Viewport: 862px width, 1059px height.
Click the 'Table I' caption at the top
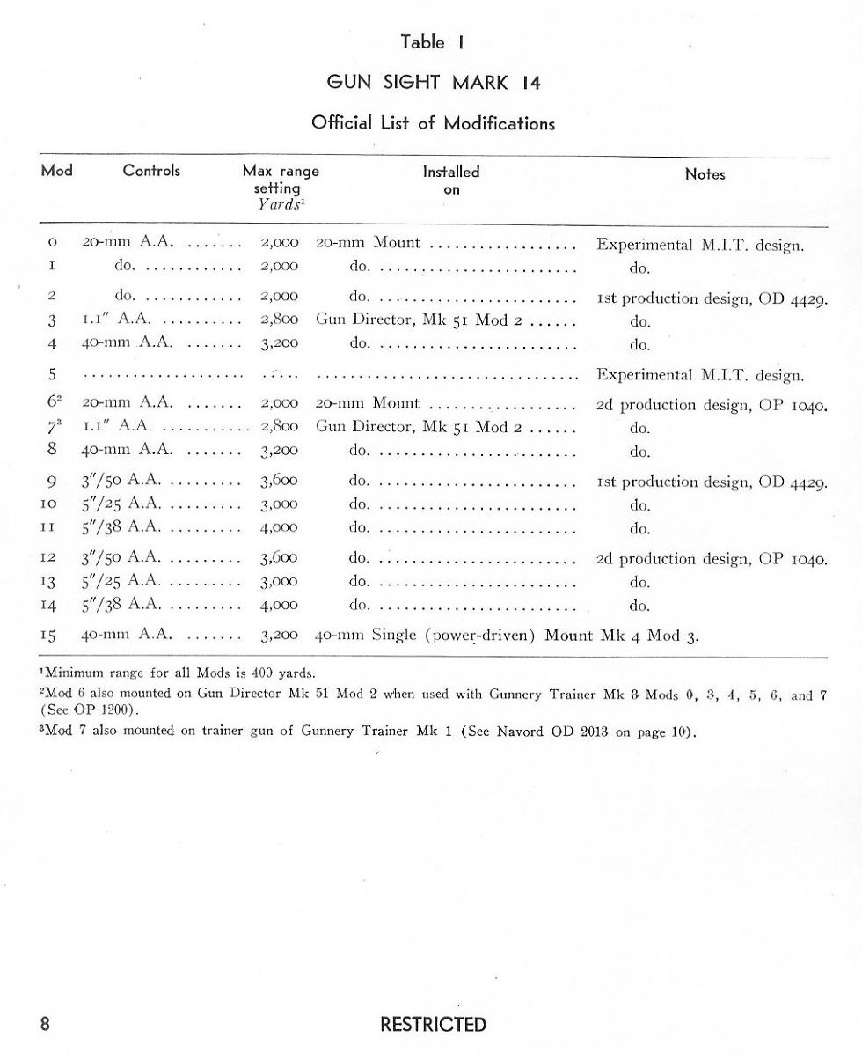pos(432,42)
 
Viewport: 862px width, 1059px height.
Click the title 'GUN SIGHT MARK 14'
pos(433,84)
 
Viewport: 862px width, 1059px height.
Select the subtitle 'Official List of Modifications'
pos(433,123)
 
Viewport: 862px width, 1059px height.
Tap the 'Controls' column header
pos(151,172)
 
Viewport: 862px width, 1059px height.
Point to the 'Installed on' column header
pos(451,180)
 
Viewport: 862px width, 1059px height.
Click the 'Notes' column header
pos(705,174)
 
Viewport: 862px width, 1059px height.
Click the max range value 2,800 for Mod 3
pos(280,320)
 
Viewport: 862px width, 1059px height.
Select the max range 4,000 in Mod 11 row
pos(280,528)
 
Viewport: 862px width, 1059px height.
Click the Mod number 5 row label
pos(53,374)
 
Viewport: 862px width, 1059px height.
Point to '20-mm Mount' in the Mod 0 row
pos(368,243)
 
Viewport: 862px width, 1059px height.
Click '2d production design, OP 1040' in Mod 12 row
pos(712,559)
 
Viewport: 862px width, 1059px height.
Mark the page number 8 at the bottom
pos(45,1025)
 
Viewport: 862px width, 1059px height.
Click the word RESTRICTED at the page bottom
pos(433,1025)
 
